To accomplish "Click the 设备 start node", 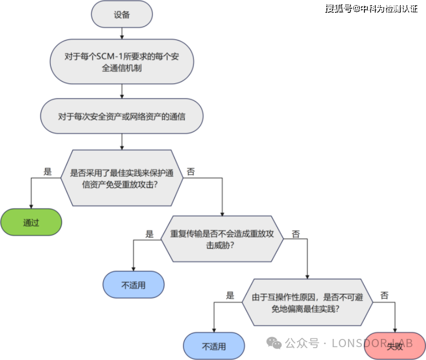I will (x=122, y=14).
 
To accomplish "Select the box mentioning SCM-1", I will (x=122, y=62).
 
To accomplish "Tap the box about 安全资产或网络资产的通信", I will (x=122, y=116).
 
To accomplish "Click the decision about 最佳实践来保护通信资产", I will (x=122, y=178).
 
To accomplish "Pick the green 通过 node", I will (x=31, y=222).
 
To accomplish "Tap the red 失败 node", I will (x=395, y=346).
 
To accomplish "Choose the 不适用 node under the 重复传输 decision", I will (x=133, y=285).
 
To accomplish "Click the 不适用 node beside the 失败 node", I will (x=214, y=346).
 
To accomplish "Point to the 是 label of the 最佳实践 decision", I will (x=48, y=172).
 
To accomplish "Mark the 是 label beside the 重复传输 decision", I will (x=149, y=234).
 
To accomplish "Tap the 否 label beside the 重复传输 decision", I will (x=296, y=234).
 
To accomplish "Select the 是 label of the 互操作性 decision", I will (x=230, y=296).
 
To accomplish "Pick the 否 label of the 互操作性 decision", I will (x=384, y=296).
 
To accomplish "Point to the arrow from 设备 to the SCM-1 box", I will (x=122, y=33).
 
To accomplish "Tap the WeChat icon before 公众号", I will (x=275, y=343).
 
